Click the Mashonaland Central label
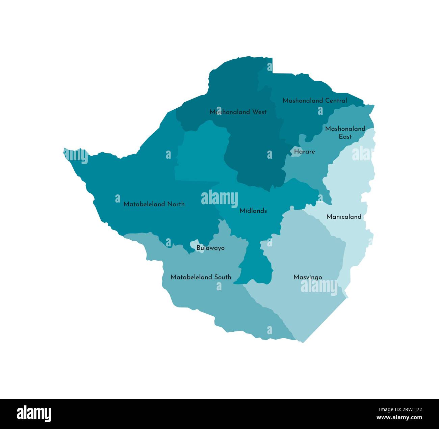pyautogui.click(x=314, y=101)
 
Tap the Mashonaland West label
pyautogui.click(x=238, y=112)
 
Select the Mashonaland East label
pyautogui.click(x=345, y=132)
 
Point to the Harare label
pyautogui.click(x=304, y=152)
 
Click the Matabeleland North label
pyautogui.click(x=154, y=204)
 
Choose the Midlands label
pyautogui.click(x=253, y=211)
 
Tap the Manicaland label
pyautogui.click(x=344, y=217)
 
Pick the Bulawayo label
pyautogui.click(x=210, y=248)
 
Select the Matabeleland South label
pyautogui.click(x=201, y=277)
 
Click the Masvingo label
pyautogui.click(x=308, y=277)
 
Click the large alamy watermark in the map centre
pyautogui.click(x=219, y=198)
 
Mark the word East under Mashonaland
pyautogui.click(x=345, y=137)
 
